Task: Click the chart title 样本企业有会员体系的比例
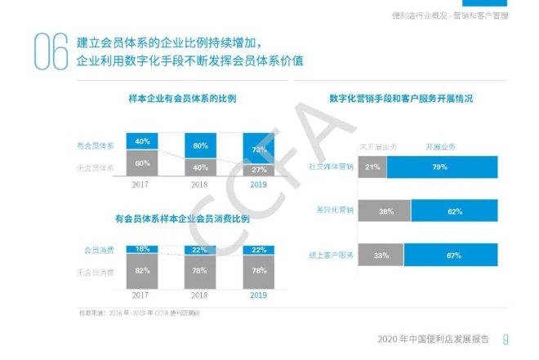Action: coord(182,99)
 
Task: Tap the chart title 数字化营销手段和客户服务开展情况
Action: coord(401,99)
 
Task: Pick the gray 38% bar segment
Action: coord(385,211)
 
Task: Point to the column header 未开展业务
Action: coord(378,147)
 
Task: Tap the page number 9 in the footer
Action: coord(506,340)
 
